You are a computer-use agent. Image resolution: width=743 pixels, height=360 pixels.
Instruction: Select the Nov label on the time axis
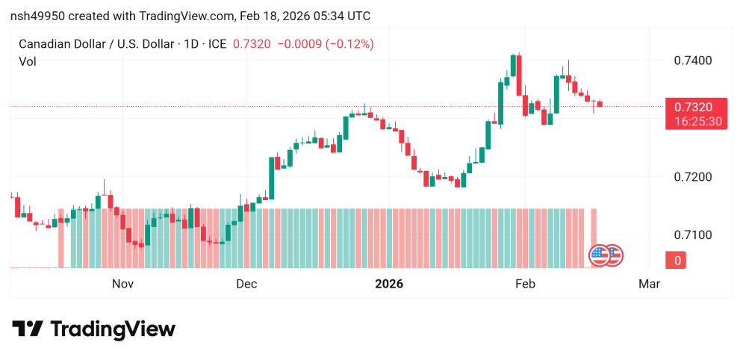(122, 284)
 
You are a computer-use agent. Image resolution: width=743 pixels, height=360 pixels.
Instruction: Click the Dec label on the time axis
(246, 284)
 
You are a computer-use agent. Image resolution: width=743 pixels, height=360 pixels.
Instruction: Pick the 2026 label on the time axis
(388, 284)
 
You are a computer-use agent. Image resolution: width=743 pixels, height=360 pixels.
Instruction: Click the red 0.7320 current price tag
(694, 108)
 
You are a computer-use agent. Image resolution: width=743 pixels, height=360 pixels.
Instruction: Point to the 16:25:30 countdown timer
(694, 121)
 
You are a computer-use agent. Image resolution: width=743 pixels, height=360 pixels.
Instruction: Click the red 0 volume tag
(678, 260)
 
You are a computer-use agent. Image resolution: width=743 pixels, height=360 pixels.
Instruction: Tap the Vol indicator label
(28, 62)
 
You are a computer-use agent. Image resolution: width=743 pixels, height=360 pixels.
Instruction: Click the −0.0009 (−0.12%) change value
(326, 44)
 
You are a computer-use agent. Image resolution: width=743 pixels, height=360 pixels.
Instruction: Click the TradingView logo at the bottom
(93, 329)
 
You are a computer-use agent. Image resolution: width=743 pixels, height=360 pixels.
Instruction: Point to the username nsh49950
(36, 16)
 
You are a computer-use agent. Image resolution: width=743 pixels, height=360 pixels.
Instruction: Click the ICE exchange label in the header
(217, 44)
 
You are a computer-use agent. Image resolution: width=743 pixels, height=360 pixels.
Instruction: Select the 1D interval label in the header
(190, 44)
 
